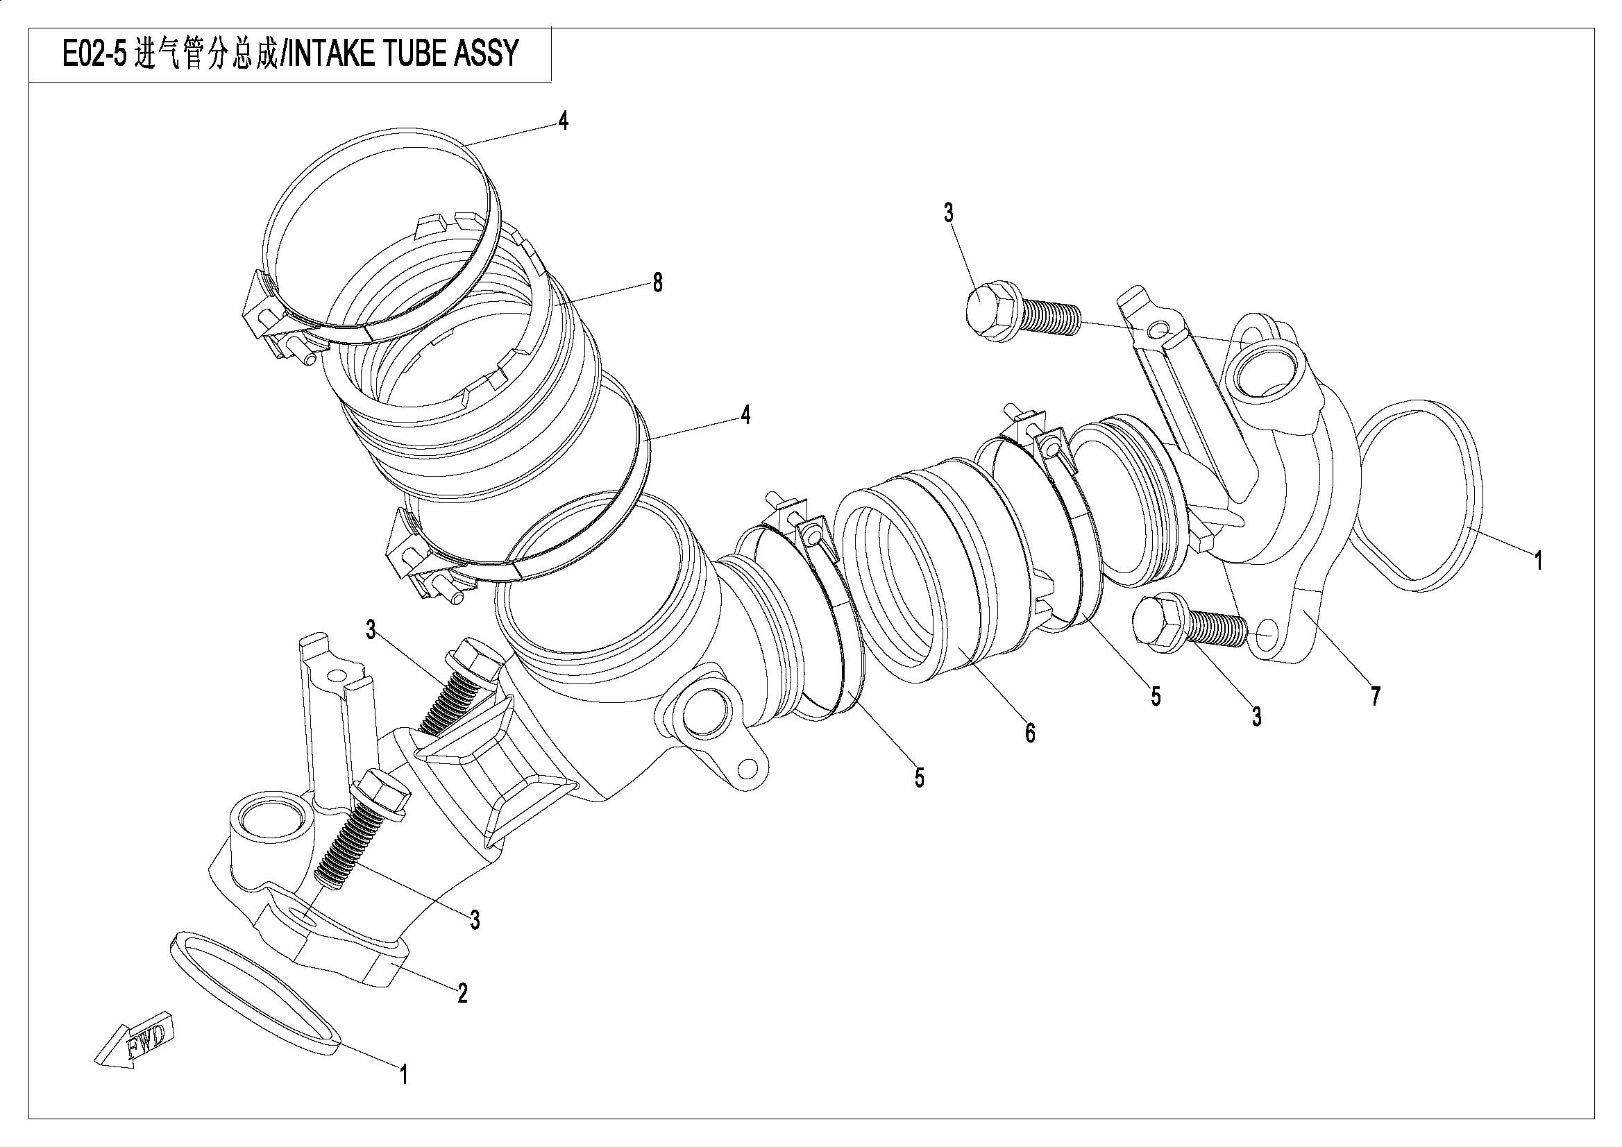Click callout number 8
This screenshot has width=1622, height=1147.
tap(657, 283)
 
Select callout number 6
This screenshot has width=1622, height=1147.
tap(1030, 733)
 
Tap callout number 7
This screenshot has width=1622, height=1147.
tap(1375, 697)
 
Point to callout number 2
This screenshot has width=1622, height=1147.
tap(462, 994)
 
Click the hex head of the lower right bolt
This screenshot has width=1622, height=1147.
tap(1156, 622)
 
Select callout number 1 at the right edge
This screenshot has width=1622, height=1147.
tap(1537, 561)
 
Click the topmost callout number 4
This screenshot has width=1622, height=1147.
tap(562, 121)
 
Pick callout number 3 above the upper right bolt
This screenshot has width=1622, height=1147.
tap(948, 212)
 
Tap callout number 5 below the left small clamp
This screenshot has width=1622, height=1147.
tap(918, 777)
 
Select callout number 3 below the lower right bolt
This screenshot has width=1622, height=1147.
tap(1256, 717)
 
